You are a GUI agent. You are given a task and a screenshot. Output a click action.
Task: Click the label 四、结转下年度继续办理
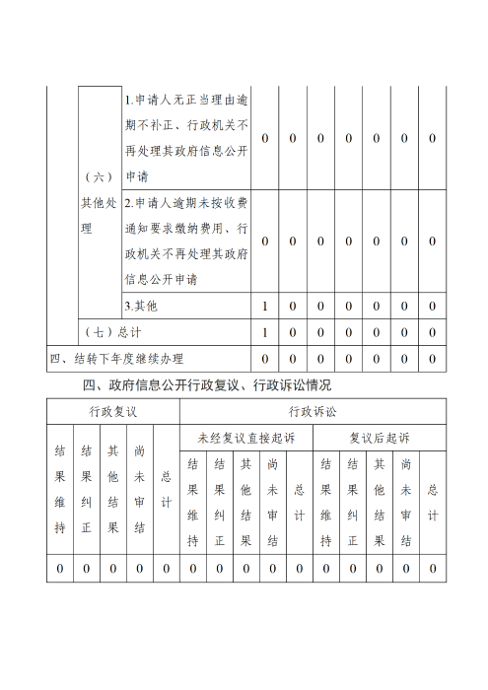[x=116, y=358]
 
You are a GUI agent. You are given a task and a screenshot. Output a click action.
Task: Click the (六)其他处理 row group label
[x=99, y=203]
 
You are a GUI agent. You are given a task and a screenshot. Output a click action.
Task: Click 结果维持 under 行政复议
[x=60, y=489]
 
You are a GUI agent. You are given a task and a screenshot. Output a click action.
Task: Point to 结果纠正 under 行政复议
[x=87, y=489]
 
